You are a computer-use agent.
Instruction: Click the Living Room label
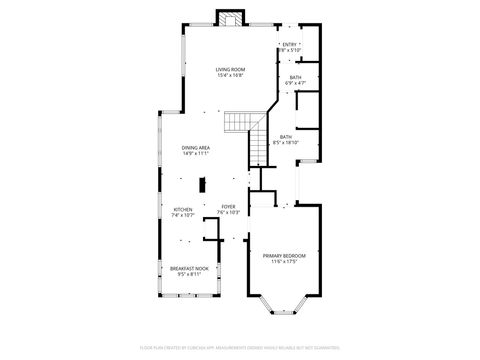point(230,69)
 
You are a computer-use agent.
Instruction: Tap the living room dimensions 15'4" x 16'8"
point(230,76)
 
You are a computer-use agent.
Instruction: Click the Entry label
point(290,44)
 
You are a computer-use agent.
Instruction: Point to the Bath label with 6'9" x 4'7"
point(295,77)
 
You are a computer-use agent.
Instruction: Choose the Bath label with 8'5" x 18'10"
point(285,137)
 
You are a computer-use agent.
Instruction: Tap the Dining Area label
point(195,147)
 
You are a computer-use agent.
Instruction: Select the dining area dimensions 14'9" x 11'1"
point(195,154)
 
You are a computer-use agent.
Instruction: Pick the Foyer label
point(228,206)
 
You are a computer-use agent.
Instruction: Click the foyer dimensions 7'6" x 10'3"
point(228,213)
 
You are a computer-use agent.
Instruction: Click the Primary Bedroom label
point(284,255)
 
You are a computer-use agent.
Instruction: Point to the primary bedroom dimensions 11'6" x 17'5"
point(284,262)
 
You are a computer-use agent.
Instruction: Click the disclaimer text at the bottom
point(240,347)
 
